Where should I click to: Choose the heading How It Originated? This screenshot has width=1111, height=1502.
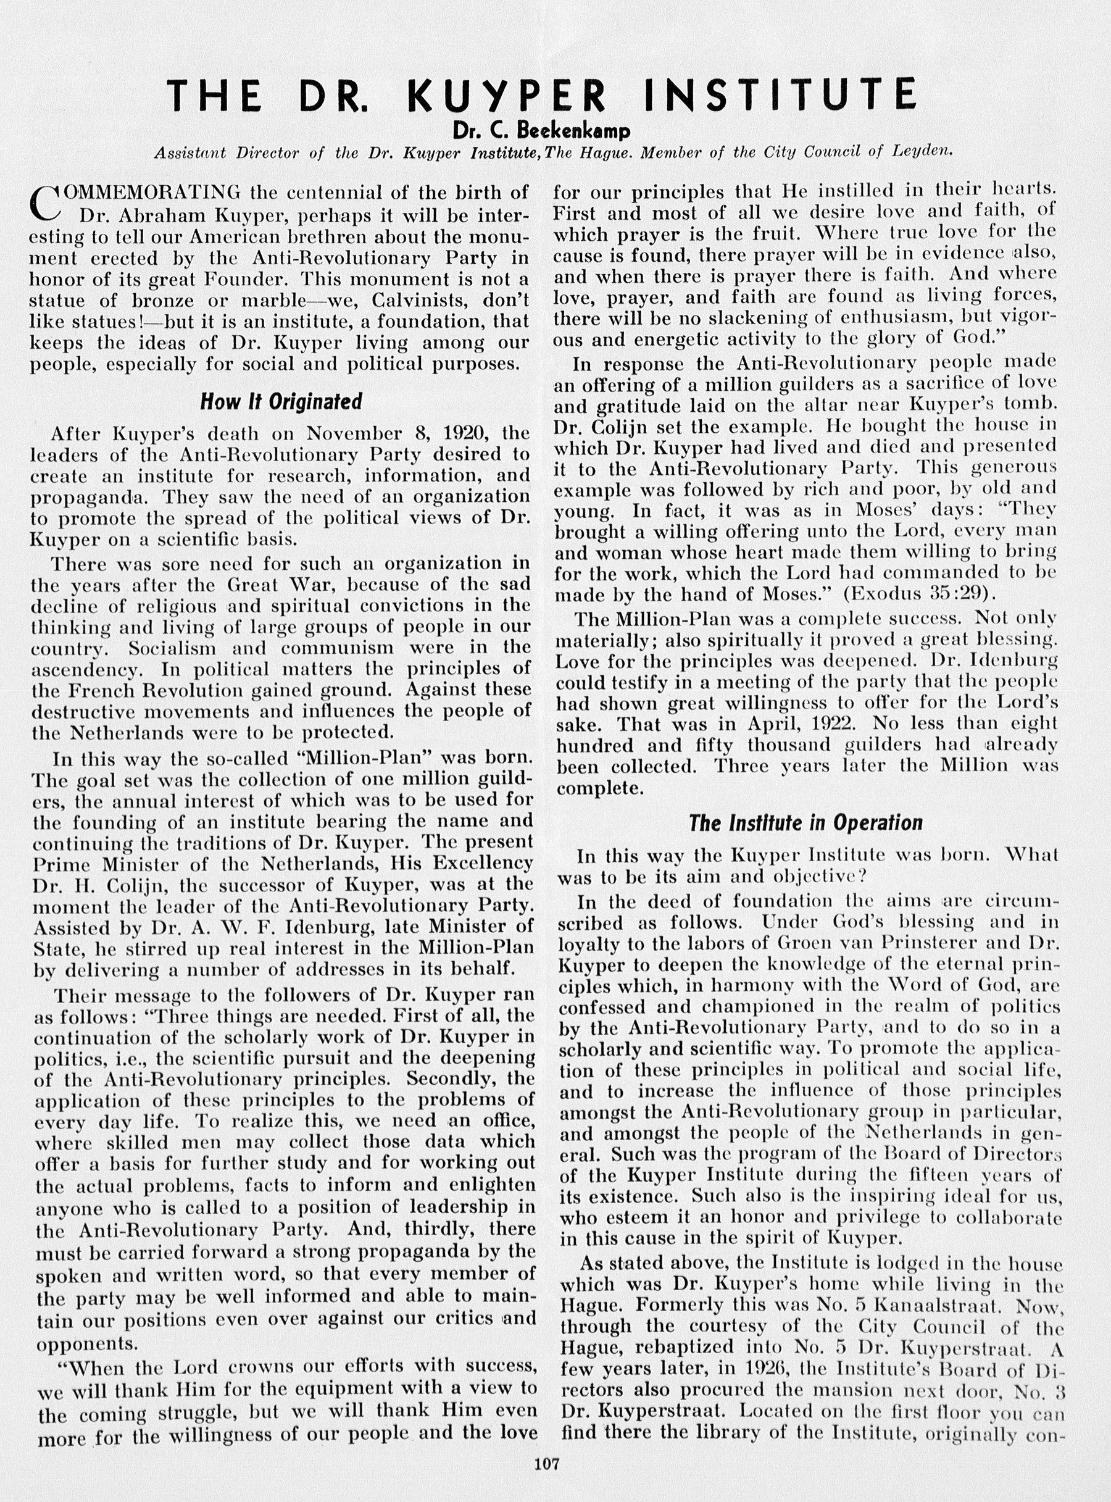coord(280,401)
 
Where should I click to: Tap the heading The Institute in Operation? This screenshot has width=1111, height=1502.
coord(805,823)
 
